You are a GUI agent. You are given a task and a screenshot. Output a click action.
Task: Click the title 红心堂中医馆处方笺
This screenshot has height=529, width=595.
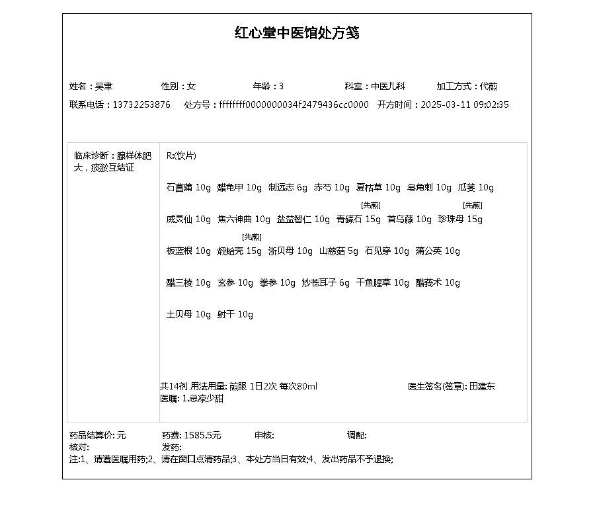click(297, 33)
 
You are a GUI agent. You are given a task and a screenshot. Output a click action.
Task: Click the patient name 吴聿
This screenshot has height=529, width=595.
click(104, 87)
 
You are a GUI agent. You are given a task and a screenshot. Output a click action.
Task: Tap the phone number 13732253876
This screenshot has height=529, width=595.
click(141, 105)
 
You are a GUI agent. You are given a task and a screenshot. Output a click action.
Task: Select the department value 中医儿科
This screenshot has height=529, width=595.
click(388, 87)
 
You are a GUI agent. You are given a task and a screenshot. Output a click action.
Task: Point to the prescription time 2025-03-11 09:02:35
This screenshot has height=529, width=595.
click(465, 105)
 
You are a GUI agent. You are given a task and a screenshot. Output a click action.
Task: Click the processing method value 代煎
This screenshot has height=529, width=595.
click(489, 87)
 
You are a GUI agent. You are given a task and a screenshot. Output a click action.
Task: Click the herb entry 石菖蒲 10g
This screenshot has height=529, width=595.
click(188, 188)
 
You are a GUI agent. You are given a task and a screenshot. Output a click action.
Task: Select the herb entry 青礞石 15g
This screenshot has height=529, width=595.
click(358, 220)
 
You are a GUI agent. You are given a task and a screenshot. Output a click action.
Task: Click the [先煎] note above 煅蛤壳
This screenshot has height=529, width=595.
click(251, 237)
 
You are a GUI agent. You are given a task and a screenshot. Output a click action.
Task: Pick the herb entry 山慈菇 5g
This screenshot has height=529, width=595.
click(338, 251)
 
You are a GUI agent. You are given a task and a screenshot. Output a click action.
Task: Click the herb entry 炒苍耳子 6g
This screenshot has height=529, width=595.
click(325, 283)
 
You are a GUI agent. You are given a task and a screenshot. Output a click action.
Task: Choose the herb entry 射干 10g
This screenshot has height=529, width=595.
click(235, 315)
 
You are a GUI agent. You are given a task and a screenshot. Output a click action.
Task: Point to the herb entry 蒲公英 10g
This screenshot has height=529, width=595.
click(438, 251)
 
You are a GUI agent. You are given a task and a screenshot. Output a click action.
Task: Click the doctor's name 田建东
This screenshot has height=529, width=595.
click(482, 387)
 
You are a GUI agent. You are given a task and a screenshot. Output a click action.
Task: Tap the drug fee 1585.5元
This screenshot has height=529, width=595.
click(202, 436)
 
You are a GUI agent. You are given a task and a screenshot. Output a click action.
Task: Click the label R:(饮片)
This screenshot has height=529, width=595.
click(181, 156)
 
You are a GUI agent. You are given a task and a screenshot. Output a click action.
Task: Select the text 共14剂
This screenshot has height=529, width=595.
click(174, 387)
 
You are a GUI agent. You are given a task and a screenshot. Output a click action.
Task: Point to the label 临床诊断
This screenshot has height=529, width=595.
click(92, 156)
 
